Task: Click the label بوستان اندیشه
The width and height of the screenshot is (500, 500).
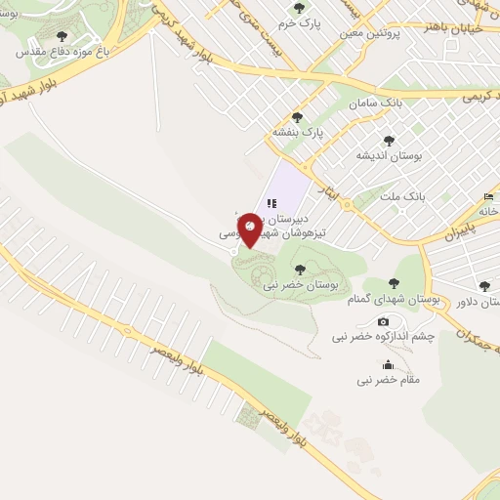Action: [388, 156]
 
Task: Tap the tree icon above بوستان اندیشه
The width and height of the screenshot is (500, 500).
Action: [389, 141]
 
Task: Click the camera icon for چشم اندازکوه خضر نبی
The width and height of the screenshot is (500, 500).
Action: [383, 321]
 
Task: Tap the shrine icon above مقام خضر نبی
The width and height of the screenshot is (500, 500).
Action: [391, 364]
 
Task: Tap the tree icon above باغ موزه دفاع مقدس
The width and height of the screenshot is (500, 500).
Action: [62, 36]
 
